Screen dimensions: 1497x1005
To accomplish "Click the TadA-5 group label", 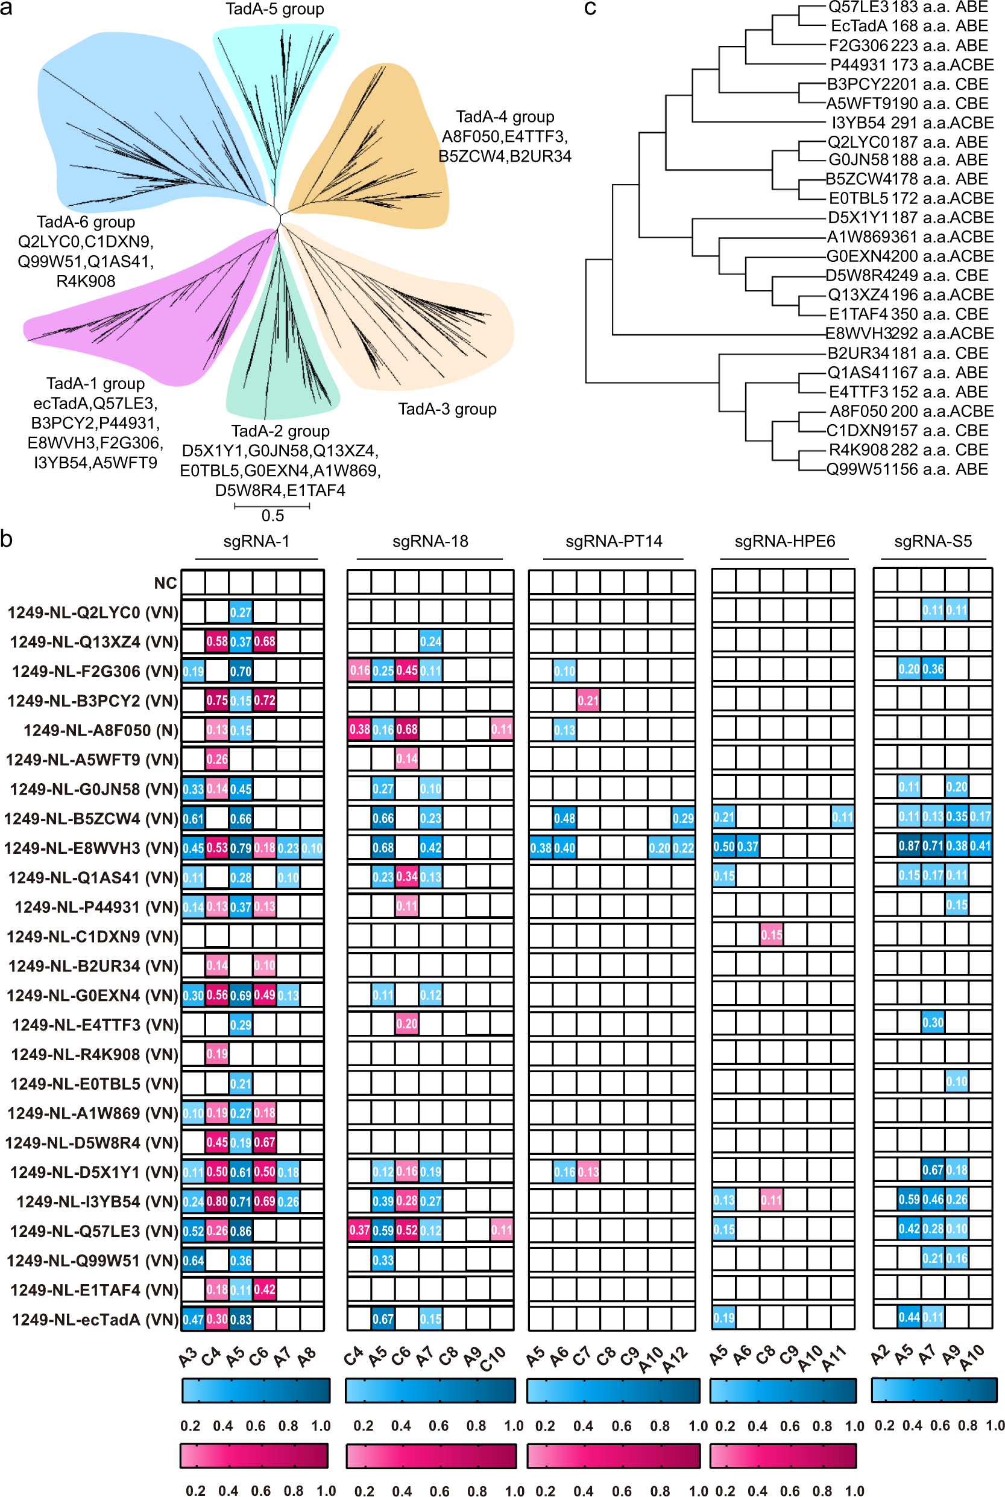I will coord(274,9).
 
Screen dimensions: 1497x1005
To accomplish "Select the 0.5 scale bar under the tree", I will coord(272,507).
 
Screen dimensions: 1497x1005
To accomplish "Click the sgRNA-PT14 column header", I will coord(613,541).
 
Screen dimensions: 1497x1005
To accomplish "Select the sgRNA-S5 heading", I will coord(933,541).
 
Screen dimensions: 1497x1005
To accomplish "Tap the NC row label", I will coord(165,583).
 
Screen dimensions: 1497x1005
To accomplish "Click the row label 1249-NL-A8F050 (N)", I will coord(101,731).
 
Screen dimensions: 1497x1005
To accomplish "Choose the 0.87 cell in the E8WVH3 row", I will coord(909,846).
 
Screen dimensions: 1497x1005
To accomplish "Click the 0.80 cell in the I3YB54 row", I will coord(216,1201).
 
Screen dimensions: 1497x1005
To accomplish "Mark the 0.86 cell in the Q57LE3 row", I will coord(241,1230).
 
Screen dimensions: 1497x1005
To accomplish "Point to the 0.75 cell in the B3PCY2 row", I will coord(216,701).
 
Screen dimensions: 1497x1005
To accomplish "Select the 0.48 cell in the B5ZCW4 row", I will coord(564,818).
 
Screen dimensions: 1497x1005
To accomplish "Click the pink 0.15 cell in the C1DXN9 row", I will coord(771,935).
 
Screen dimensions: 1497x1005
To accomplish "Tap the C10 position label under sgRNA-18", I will coord(494,1358).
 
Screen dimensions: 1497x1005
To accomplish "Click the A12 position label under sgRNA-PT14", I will coord(676,1358).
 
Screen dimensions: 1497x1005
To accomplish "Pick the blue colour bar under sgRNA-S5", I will coord(934,1390).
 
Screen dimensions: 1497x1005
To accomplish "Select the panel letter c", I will coord(590,8).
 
